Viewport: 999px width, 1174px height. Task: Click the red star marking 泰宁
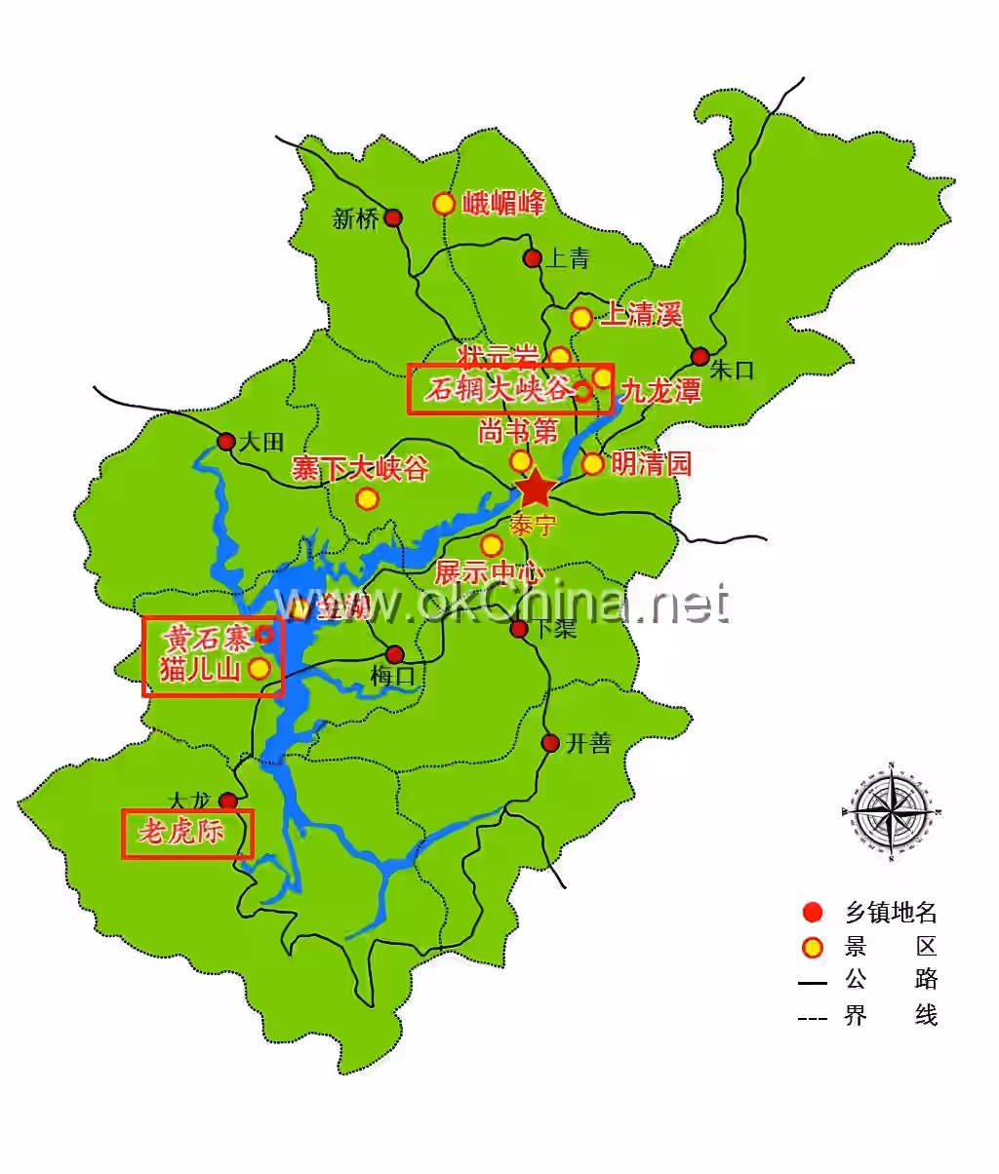[536, 489]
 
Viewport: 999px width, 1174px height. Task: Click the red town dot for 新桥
[393, 217]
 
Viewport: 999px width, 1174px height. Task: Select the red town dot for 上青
[533, 257]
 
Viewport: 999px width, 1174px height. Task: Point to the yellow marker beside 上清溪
[581, 318]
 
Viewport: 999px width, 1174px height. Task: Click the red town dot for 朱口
[699, 356]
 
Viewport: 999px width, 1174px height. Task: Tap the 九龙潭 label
[660, 392]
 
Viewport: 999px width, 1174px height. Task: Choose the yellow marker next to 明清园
[593, 463]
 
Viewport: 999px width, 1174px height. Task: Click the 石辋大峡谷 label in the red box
[498, 390]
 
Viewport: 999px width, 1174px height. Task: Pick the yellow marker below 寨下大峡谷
[367, 499]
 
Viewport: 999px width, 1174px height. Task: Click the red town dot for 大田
[226, 441]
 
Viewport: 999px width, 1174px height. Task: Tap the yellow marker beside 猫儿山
[260, 669]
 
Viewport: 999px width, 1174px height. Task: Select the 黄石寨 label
[206, 639]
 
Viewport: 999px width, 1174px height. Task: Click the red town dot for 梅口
[395, 654]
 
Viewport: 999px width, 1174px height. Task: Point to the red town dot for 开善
[550, 743]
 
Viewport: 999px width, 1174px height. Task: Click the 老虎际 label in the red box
[181, 832]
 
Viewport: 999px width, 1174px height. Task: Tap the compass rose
[892, 808]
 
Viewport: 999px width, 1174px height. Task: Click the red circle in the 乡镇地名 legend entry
[812, 913]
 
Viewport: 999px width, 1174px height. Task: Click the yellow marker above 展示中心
[492, 544]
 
